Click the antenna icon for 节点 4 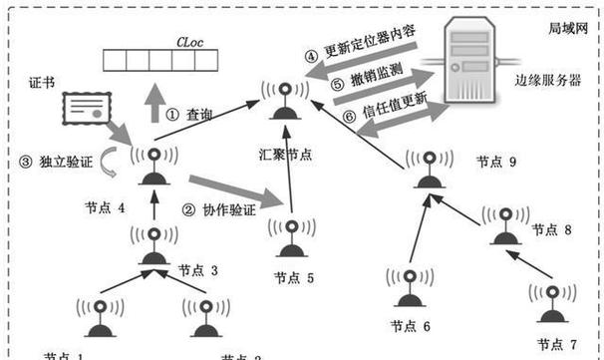[152, 167]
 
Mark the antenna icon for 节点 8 [505, 225]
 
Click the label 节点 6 [413, 325]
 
